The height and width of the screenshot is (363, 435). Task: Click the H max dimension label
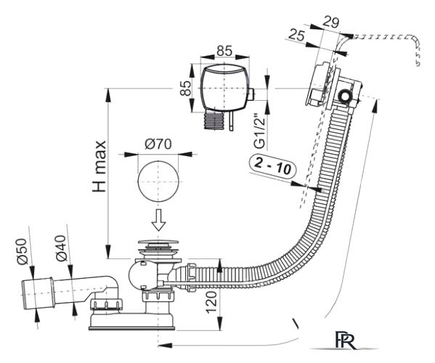pyautogui.click(x=99, y=166)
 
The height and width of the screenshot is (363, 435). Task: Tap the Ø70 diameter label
pyautogui.click(x=158, y=144)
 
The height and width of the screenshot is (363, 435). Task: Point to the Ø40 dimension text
pyautogui.click(x=61, y=248)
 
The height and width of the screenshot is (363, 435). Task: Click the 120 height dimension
pyautogui.click(x=211, y=302)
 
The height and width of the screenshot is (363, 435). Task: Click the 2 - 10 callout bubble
pyautogui.click(x=272, y=166)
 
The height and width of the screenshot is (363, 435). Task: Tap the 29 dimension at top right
pyautogui.click(x=331, y=23)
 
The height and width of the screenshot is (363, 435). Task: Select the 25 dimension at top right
pyautogui.click(x=296, y=36)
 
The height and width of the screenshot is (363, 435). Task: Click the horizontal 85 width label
pyautogui.click(x=224, y=51)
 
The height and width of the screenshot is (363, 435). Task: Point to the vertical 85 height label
pyautogui.click(x=186, y=88)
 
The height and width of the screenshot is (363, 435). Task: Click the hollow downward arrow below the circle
pyautogui.click(x=158, y=220)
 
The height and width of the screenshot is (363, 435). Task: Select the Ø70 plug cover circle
pyautogui.click(x=158, y=181)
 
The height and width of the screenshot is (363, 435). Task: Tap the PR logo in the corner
pyautogui.click(x=346, y=340)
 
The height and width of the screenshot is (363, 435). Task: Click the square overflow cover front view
pyautogui.click(x=224, y=88)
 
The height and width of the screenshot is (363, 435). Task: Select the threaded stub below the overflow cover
pyautogui.click(x=214, y=121)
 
